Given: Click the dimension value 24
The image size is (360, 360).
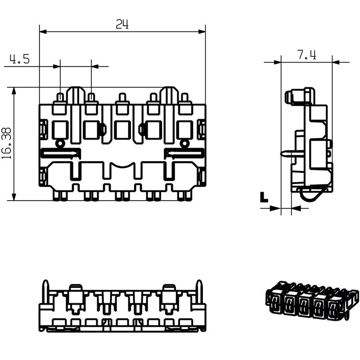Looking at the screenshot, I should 122,24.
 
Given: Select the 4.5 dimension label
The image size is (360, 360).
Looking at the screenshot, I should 20,59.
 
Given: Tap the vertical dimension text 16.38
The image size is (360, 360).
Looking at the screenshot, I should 6,144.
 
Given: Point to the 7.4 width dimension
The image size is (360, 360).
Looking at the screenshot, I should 306,55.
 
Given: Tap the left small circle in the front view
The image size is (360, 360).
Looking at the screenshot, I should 60,144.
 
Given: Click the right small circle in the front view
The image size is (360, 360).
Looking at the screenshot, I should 184,144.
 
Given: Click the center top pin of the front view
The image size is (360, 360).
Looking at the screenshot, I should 122,98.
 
